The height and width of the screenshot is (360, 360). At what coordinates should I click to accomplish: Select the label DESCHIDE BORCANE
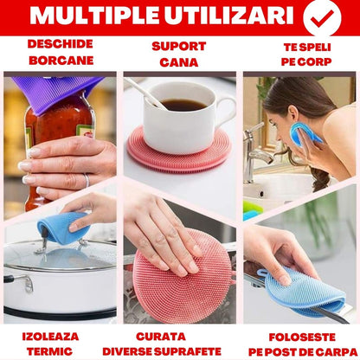click(61, 52)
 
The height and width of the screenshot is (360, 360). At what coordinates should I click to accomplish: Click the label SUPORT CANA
click(179, 54)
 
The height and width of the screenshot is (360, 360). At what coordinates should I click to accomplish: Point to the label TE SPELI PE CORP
click(300, 54)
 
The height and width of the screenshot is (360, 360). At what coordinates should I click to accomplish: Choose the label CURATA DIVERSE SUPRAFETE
click(179, 343)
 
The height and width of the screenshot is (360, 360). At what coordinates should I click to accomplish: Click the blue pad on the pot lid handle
click(62, 227)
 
